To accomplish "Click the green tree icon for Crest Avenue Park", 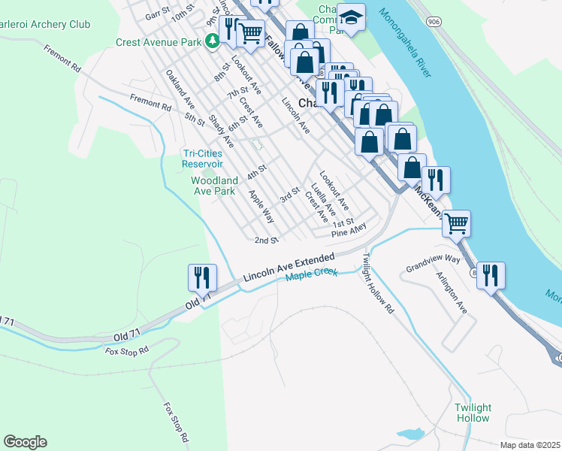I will click(213, 42).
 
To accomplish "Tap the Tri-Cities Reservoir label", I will click(203, 159).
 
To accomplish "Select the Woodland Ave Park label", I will click(214, 186).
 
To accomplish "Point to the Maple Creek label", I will click(310, 277).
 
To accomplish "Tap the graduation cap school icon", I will click(350, 17).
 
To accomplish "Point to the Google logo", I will click(25, 442).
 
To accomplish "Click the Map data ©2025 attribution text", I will click(529, 444).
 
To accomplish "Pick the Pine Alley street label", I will click(350, 230).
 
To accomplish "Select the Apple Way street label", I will click(261, 206).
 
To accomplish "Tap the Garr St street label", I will click(159, 14).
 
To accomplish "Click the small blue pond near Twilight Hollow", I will click(410, 434).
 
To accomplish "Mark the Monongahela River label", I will click(405, 43).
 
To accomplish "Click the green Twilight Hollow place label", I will click(472, 413).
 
